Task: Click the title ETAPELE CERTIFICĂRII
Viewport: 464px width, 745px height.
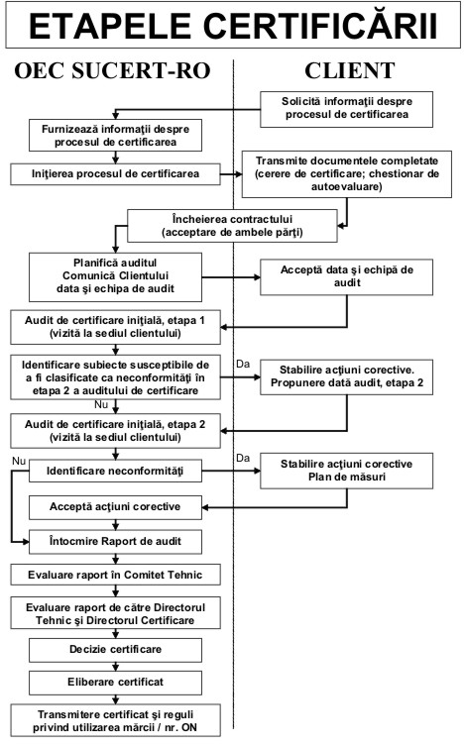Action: tap(233, 26)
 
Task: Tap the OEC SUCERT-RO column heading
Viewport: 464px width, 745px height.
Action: tap(112, 70)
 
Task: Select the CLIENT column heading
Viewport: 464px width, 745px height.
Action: tap(349, 70)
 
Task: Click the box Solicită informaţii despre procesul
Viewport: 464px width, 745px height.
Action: tap(346, 109)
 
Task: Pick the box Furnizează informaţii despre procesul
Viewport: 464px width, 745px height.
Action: tap(115, 136)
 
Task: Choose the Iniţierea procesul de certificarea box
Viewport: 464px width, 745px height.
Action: tap(115, 174)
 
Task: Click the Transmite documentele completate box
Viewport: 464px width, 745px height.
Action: tap(347, 174)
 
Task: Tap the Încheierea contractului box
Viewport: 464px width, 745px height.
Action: tap(232, 226)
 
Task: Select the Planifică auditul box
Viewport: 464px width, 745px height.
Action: tap(115, 277)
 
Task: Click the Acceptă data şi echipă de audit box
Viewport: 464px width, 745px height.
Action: tap(346, 277)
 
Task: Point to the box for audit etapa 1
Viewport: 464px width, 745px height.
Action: tap(115, 327)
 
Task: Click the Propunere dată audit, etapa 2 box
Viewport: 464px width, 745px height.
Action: tap(346, 377)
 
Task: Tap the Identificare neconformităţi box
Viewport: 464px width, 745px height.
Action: tap(115, 471)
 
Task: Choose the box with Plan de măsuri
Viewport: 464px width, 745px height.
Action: tap(346, 471)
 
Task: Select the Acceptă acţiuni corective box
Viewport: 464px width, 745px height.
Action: tap(115, 507)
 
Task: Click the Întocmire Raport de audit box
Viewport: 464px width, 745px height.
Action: tap(115, 542)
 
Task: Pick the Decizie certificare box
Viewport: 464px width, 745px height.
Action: tap(115, 650)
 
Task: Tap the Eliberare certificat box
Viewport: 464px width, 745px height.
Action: tap(115, 683)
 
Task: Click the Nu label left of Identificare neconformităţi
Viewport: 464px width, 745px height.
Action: tap(19, 462)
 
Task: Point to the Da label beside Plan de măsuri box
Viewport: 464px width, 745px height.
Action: tap(243, 458)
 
